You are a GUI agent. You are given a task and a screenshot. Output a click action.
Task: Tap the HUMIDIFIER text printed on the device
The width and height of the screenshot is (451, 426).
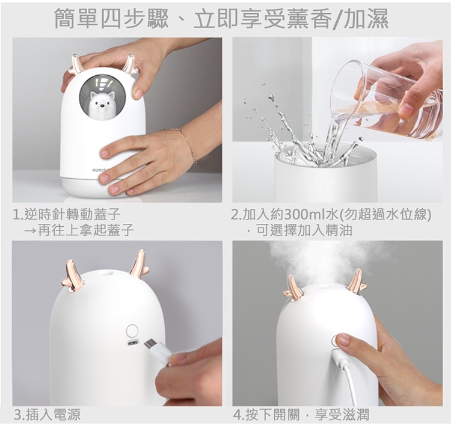[x=99, y=170]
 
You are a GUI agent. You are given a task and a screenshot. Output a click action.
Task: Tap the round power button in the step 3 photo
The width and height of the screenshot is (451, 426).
[x=132, y=330]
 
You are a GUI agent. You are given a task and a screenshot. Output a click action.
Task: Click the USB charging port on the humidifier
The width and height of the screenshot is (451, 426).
[x=133, y=344]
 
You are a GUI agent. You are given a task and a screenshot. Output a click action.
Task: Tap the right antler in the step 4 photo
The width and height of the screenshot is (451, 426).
[x=356, y=280]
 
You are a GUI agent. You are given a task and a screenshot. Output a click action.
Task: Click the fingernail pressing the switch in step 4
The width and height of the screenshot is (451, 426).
[x=342, y=338]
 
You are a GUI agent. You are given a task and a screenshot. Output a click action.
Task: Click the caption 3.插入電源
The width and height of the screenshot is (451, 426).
[x=48, y=415]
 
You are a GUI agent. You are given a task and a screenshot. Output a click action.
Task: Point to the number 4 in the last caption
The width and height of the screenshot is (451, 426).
[x=238, y=415]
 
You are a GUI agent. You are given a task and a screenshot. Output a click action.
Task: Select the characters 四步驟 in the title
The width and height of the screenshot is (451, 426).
[x=135, y=19]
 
